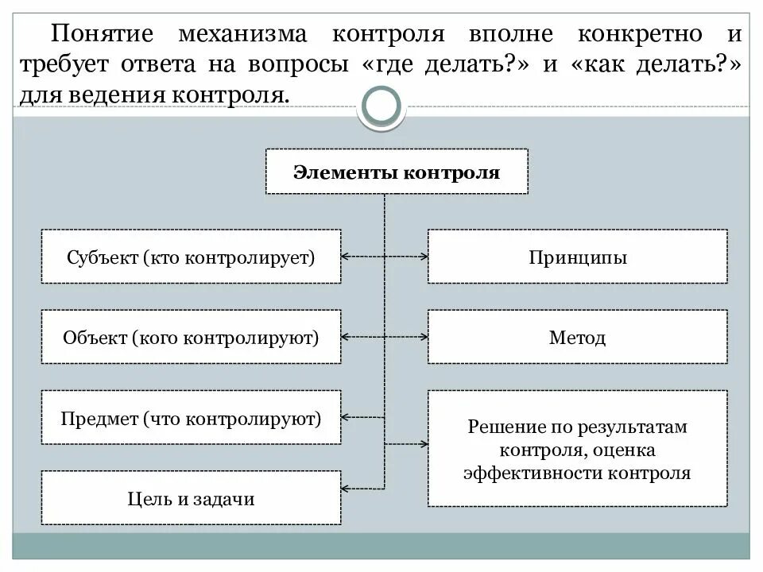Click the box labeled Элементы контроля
[x=396, y=172]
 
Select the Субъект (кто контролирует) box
[x=191, y=257]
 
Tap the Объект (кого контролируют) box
[x=191, y=337]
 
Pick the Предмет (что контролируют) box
[x=191, y=417]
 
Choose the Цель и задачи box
[x=191, y=498]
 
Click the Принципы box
[x=577, y=257]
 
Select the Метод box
[x=577, y=337]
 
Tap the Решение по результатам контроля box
[x=577, y=448]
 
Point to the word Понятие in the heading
[x=103, y=36]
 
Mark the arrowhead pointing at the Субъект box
[x=346, y=257]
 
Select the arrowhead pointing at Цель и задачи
[x=346, y=487]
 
